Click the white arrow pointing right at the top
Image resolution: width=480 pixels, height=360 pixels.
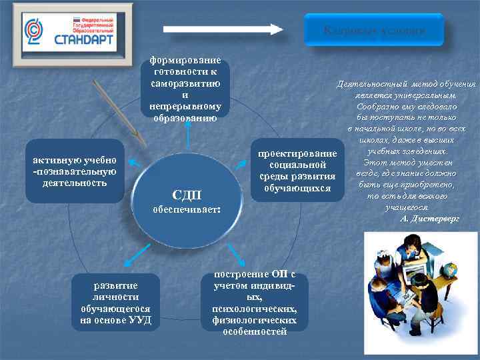[x=223, y=29]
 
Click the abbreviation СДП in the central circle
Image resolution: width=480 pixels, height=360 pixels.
[x=186, y=195]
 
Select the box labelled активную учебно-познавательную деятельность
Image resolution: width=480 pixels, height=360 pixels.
[x=75, y=171]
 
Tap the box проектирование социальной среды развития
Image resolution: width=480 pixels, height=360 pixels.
[x=297, y=171]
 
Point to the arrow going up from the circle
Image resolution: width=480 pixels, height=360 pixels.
[x=188, y=136]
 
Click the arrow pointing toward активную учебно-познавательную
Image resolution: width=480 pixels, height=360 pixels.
[x=135, y=163]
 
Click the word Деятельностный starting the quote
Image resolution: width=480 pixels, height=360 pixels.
[x=365, y=85]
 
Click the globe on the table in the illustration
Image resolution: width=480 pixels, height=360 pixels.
[x=450, y=271]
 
